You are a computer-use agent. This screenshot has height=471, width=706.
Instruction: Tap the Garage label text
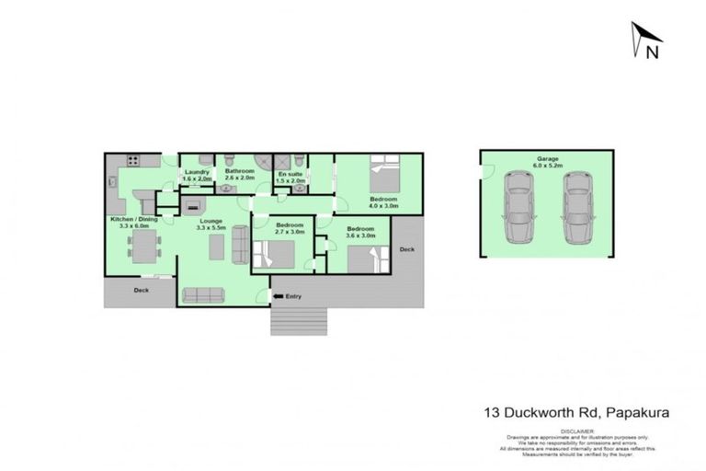(x=548, y=159)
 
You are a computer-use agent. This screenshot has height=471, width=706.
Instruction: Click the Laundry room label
(x=197, y=172)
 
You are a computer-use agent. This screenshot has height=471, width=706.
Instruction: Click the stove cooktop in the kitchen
(x=131, y=162)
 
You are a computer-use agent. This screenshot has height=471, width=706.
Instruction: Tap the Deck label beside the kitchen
(x=141, y=291)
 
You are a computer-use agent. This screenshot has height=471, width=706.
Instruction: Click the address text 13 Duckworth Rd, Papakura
(x=576, y=413)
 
